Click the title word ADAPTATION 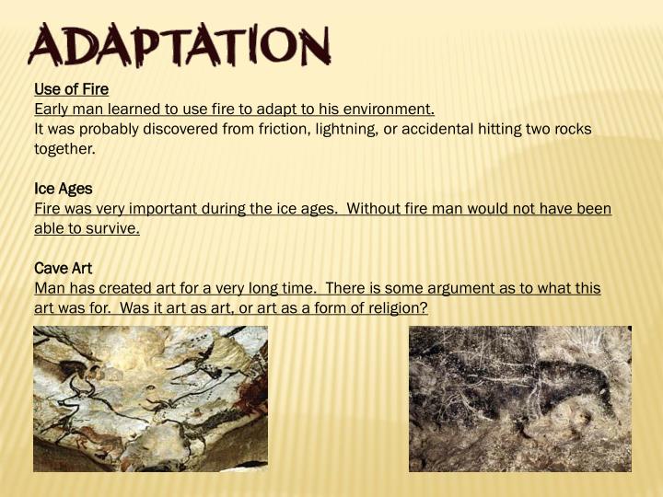180,46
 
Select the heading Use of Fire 71,89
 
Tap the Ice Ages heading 63,189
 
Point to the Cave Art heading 63,268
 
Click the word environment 386,110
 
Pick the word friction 251,129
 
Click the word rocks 571,129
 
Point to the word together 64,149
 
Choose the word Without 375,209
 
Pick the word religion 394,308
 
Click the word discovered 176,129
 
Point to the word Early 52,110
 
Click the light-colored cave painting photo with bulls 150,399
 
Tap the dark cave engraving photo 520,399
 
